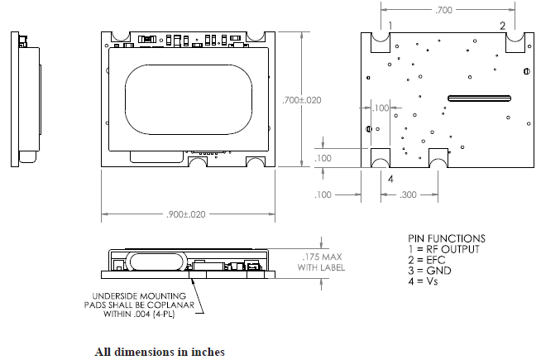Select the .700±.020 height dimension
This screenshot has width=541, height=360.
302,99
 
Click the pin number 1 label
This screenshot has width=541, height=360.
389,26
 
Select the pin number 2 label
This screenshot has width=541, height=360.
502,26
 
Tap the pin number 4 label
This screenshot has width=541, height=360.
390,177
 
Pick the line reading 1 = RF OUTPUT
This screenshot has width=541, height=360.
448,248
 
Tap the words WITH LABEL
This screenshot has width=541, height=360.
318,266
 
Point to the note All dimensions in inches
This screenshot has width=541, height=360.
159,352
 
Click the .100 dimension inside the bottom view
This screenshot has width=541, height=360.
380,108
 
